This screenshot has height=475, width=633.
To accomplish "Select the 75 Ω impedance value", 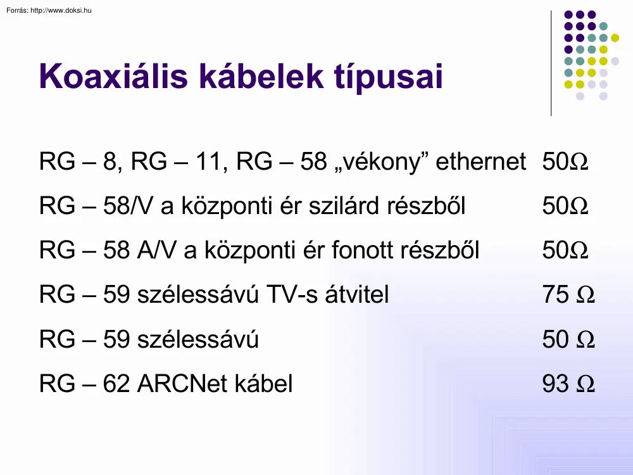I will pyautogui.click(x=568, y=295).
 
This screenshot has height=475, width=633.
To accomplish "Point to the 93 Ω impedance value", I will pyautogui.click(x=568, y=384).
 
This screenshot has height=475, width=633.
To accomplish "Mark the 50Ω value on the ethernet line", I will pyautogui.click(x=565, y=162).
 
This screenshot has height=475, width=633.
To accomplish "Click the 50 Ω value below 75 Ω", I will pyautogui.click(x=568, y=339).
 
